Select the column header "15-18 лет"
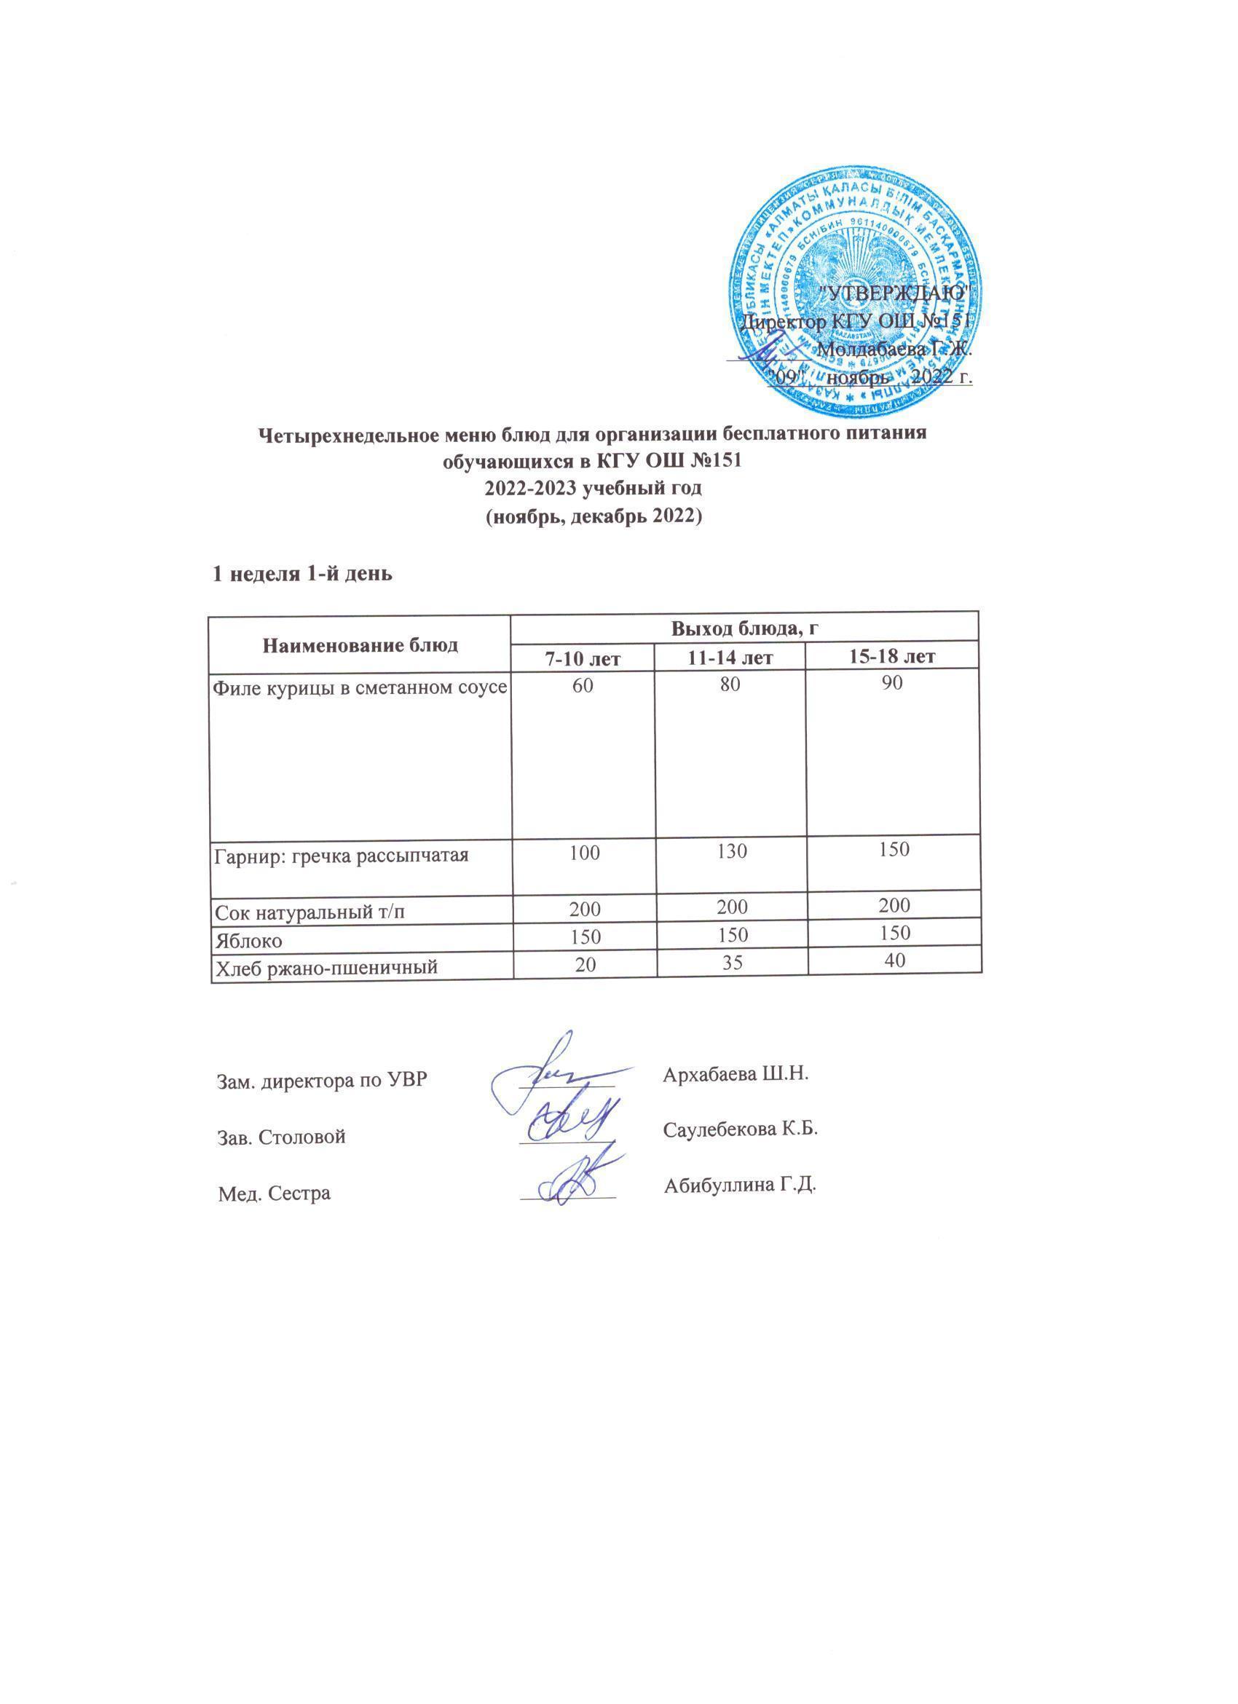(x=891, y=656)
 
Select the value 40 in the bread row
(x=894, y=960)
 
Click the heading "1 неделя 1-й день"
(x=302, y=575)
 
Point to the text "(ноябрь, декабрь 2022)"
(x=592, y=518)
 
